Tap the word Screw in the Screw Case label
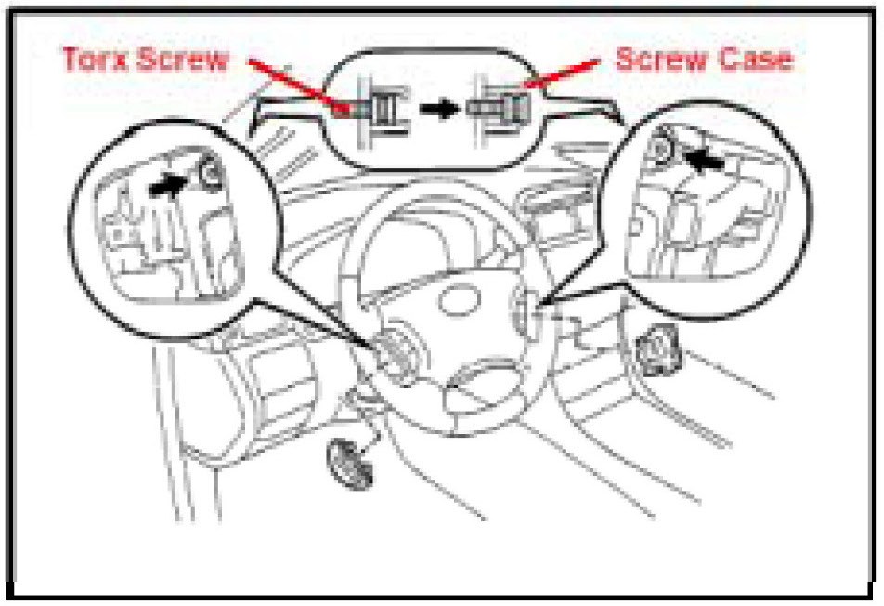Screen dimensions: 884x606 click(x=659, y=59)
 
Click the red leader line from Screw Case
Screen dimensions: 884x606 click(x=562, y=73)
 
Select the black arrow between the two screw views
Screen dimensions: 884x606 click(x=439, y=108)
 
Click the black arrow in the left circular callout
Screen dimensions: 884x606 click(x=167, y=186)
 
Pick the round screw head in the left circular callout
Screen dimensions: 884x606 click(x=212, y=173)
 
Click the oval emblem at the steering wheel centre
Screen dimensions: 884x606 click(x=460, y=299)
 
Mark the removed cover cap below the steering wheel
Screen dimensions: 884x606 click(x=350, y=463)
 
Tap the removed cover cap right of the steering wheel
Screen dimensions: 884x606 click(x=658, y=351)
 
